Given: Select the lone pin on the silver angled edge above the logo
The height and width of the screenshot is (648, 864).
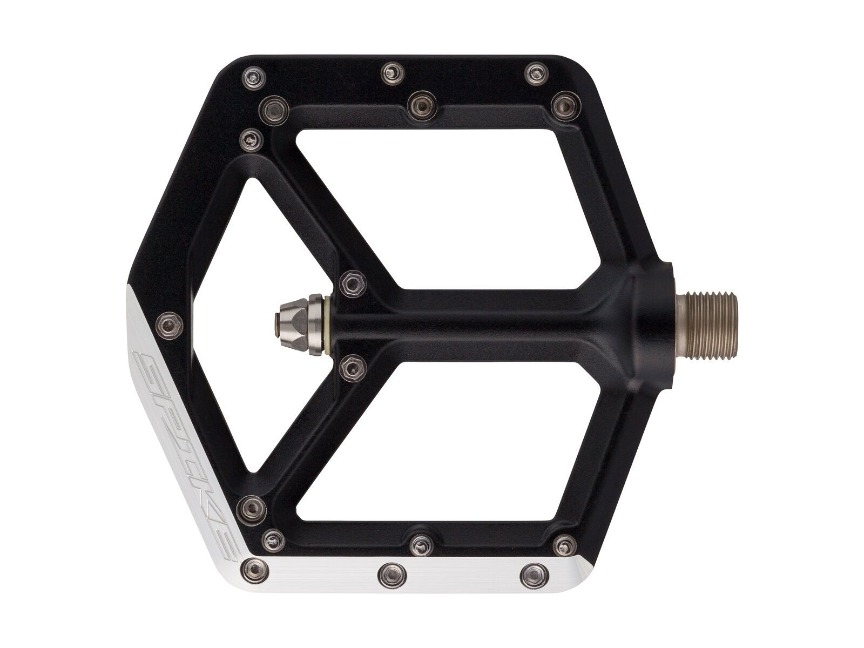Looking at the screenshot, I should click(x=167, y=324).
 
